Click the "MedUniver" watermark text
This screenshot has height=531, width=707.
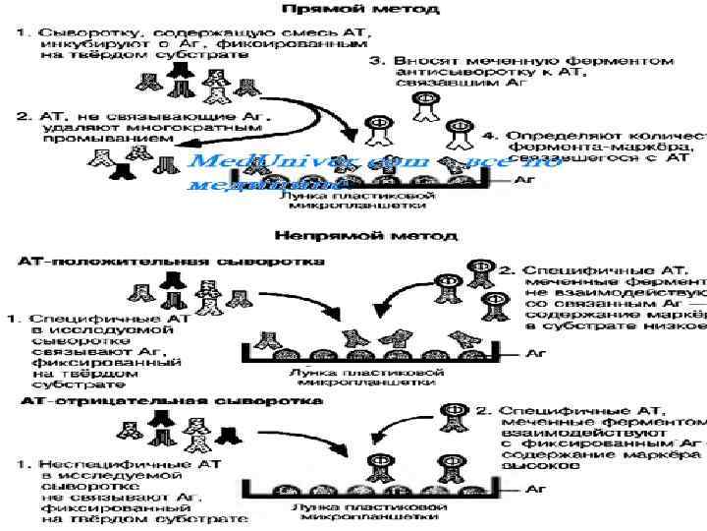(255, 161)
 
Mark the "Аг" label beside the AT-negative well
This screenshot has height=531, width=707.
(538, 487)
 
